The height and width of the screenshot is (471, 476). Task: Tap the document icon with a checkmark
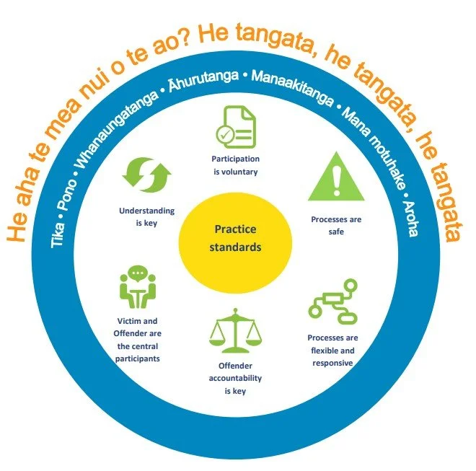pyautogui.click(x=235, y=126)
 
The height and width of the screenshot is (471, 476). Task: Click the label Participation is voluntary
pyautogui.click(x=235, y=165)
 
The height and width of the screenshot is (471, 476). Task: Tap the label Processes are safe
pyautogui.click(x=336, y=225)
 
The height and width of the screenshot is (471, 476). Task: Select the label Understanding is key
pyautogui.click(x=146, y=217)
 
